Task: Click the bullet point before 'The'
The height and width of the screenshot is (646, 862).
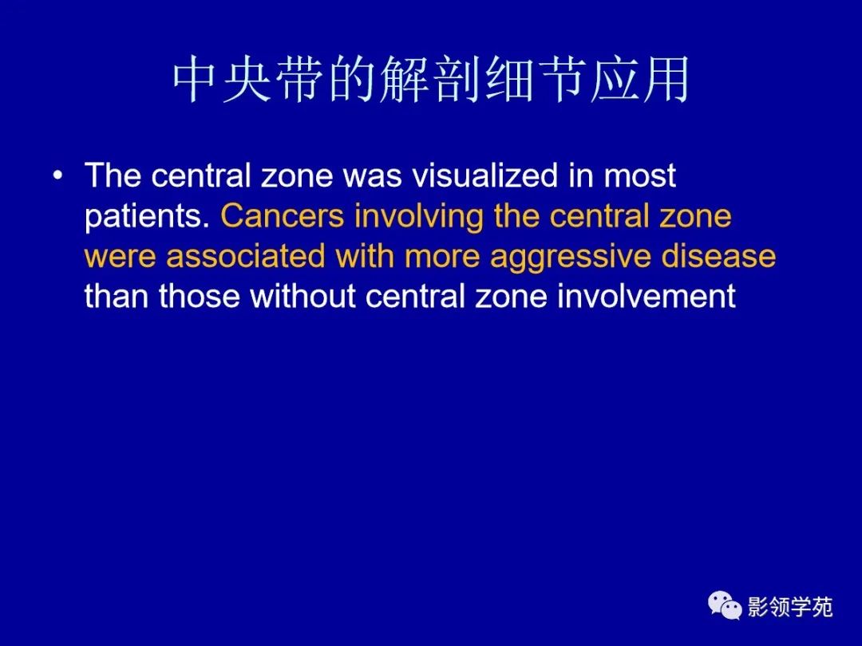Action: pos(57,175)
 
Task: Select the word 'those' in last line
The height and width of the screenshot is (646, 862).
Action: pos(200,297)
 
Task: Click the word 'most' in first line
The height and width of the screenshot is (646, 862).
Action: pos(639,176)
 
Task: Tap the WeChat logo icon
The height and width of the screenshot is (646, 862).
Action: pos(725,607)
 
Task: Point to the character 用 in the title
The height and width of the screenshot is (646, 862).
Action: pos(665,80)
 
